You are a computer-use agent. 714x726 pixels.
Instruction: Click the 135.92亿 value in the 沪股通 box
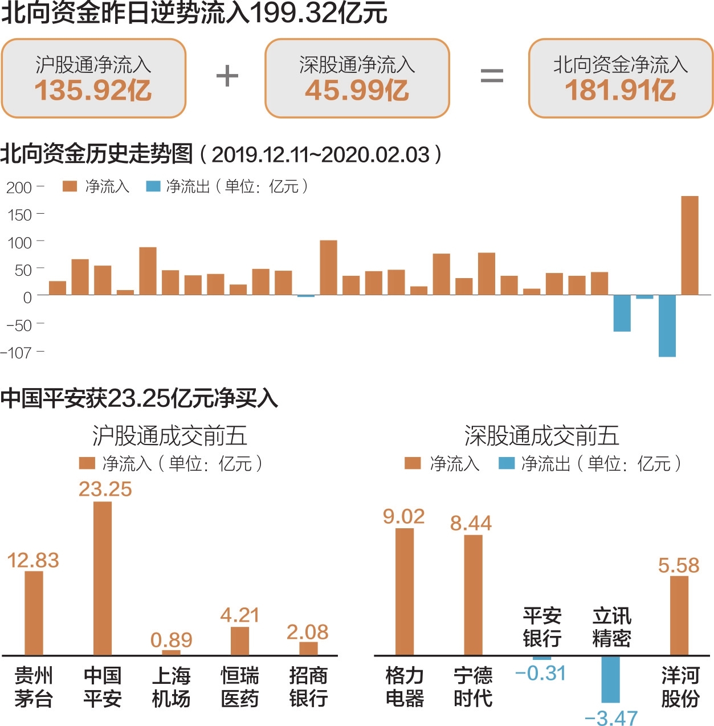click(93, 91)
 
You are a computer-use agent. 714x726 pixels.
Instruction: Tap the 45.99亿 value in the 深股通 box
click(357, 91)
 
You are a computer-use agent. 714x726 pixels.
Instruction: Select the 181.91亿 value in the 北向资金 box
click(621, 91)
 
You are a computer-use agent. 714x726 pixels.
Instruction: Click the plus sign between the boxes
click(227, 76)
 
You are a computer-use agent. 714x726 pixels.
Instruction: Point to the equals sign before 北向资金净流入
click(491, 76)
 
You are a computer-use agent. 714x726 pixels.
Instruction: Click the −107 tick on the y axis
click(16, 353)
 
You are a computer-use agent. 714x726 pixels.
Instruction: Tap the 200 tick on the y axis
click(19, 187)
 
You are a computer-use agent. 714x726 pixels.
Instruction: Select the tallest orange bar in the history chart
click(689, 246)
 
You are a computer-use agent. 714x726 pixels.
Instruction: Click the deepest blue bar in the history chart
click(667, 326)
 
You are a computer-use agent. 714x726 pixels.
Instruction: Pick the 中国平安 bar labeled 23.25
click(103, 578)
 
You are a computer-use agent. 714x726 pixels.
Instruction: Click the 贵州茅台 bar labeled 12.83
click(34, 613)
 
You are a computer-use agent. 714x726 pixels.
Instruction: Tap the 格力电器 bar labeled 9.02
click(405, 592)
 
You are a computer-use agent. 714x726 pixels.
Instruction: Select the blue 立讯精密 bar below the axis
click(610, 679)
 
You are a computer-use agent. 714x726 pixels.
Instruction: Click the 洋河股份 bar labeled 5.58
click(679, 615)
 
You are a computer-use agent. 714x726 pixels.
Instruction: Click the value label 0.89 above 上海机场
click(171, 640)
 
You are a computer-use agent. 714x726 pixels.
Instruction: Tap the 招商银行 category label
click(308, 687)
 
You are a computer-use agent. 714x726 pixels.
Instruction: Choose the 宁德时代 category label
click(473, 687)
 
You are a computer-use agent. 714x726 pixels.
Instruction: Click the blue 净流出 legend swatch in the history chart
click(153, 186)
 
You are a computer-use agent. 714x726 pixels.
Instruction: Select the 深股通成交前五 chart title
click(541, 436)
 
